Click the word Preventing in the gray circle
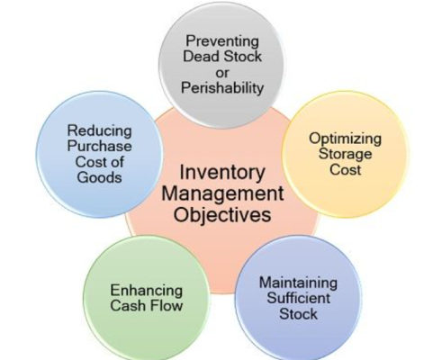(x=222, y=41)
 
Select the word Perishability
(x=222, y=88)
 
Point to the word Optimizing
(x=346, y=139)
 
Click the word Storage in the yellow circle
(x=345, y=154)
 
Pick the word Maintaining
(x=298, y=283)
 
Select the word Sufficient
(x=298, y=298)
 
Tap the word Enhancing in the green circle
(x=147, y=291)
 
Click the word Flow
(x=167, y=306)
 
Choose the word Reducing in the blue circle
(x=99, y=130)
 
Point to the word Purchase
(x=99, y=147)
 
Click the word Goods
(x=99, y=177)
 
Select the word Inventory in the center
(x=222, y=172)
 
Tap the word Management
(x=222, y=194)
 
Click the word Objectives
(x=222, y=215)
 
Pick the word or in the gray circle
(x=222, y=73)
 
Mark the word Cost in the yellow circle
(x=345, y=170)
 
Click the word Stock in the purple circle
(x=298, y=314)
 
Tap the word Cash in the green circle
(x=128, y=306)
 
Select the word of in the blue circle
(x=117, y=162)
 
